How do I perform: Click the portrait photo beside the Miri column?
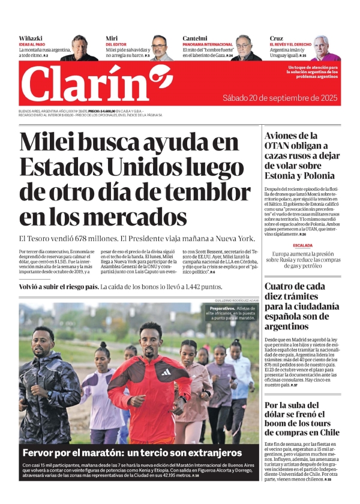click(161, 47)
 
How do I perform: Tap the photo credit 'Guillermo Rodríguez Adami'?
click(236, 300)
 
